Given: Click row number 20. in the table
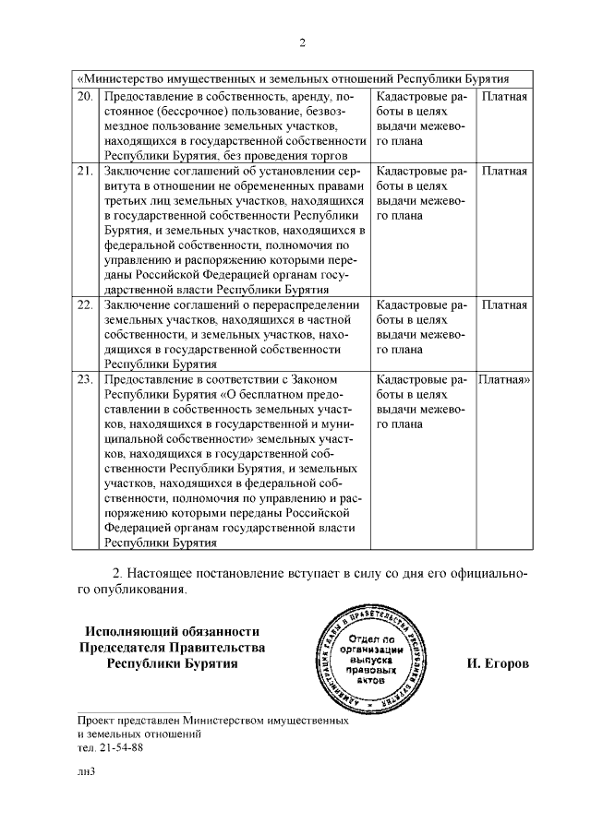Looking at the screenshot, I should coord(85,97).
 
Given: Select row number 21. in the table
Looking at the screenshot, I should coord(85,172).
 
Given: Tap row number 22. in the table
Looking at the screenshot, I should coord(85,305).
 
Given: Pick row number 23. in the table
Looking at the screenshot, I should coord(85,379).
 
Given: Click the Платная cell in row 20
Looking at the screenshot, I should coord(504,97).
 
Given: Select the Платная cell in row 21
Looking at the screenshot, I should coord(504,172).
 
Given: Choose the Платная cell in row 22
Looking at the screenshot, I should coord(504,305).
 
